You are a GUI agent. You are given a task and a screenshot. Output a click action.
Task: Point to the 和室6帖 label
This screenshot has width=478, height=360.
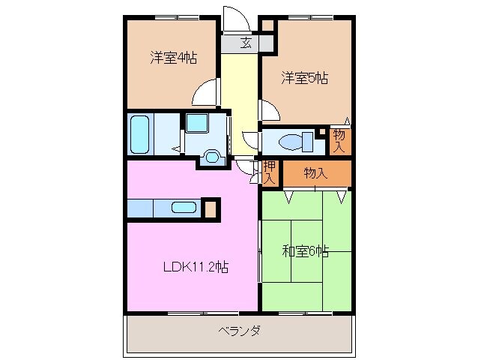coord(305,251)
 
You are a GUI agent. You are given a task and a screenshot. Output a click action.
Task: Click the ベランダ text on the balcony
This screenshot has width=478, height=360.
coord(239,331)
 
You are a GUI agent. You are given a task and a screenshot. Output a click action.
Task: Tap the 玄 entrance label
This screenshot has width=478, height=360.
coord(245,43)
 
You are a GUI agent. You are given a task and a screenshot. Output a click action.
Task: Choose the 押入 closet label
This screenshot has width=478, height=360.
coord(269,173)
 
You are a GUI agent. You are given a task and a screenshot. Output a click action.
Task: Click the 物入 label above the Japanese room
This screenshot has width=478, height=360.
coord(315,173)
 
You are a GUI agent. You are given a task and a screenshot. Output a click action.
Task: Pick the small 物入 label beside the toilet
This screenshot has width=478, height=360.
coord(339,140)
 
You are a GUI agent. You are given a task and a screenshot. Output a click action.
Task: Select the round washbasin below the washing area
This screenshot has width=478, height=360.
coord(212,157)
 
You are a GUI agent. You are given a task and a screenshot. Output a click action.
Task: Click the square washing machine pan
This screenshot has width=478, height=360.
coord(199,124)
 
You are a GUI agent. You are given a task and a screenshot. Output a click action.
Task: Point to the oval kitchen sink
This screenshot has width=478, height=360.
coord(184,208)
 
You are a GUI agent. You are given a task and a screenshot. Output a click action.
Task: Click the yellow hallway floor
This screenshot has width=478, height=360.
coord(239,90)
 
